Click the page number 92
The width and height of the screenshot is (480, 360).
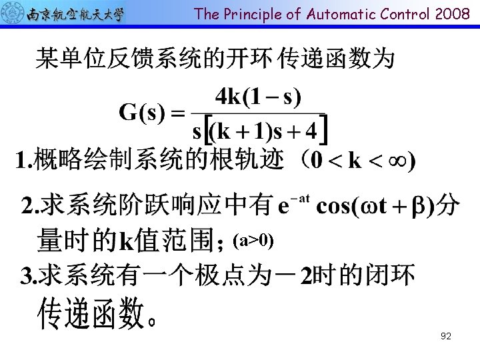click(446, 336)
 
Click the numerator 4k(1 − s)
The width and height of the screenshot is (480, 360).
click(258, 97)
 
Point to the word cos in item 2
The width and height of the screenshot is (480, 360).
click(331, 206)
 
